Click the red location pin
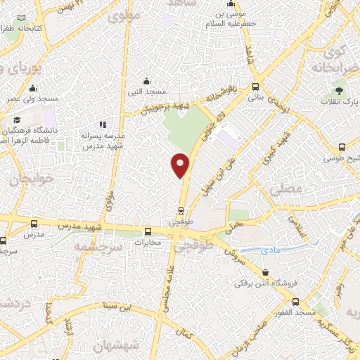click(181, 164)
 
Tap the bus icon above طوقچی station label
click(181, 210)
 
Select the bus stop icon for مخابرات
click(148, 232)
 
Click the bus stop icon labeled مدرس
click(34, 224)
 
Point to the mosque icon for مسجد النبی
click(146, 81)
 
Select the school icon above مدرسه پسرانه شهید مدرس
click(103, 124)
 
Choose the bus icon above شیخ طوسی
click(342, 147)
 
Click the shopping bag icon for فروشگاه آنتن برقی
click(265, 271)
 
